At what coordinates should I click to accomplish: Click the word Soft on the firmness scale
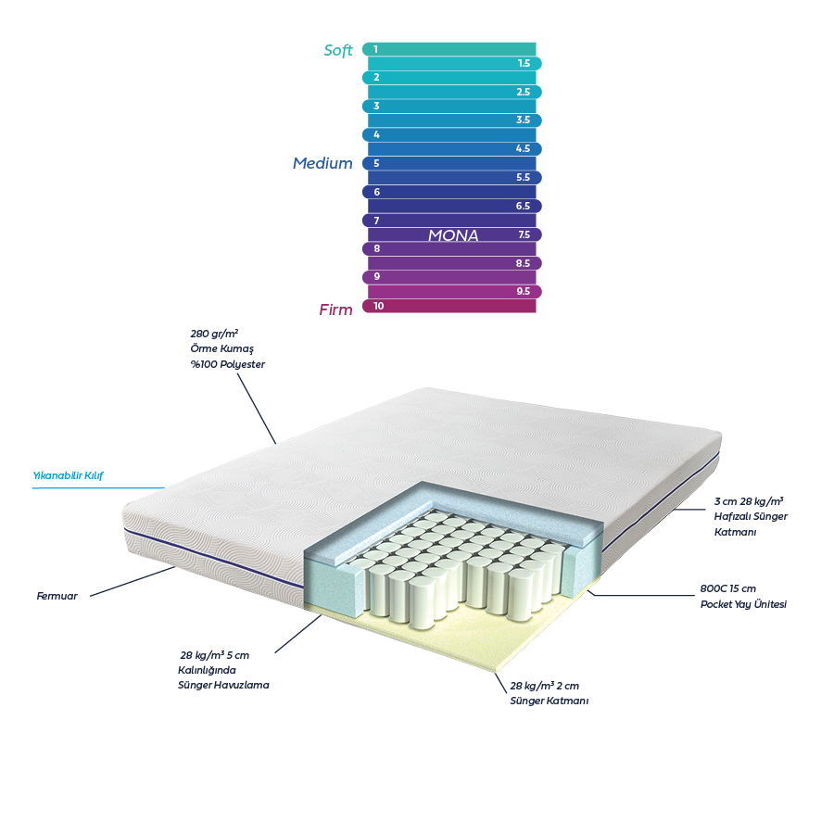click(338, 51)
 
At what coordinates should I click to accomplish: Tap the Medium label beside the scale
click(322, 164)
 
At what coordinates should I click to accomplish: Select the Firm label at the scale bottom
click(335, 310)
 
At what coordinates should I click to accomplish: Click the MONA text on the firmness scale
click(453, 236)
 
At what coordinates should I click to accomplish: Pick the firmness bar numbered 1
click(449, 49)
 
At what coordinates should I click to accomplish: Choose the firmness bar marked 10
click(449, 306)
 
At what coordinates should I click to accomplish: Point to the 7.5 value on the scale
click(524, 235)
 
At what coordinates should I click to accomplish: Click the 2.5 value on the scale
click(524, 93)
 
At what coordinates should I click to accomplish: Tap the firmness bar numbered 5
click(449, 163)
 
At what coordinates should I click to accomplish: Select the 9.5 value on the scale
click(524, 292)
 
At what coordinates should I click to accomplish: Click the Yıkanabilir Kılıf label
click(68, 476)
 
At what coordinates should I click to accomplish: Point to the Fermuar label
click(57, 596)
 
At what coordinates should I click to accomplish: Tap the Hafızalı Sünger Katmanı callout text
click(750, 516)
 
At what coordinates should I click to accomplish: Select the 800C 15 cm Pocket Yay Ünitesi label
click(742, 596)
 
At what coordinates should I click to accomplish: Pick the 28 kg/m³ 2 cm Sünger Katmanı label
click(549, 693)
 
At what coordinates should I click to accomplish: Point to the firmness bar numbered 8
click(449, 249)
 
